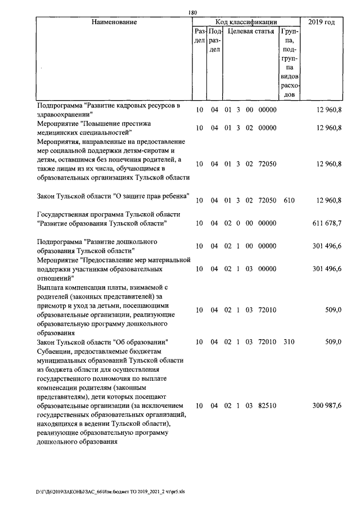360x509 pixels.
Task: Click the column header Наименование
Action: [114, 22]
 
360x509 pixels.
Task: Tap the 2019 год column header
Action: [322, 22]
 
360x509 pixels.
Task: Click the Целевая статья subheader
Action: [250, 31]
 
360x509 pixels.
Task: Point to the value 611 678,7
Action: [327, 223]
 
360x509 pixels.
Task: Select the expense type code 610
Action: [289, 200]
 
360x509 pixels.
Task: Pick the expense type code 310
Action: [289, 341]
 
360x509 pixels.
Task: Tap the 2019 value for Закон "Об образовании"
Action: [332, 341]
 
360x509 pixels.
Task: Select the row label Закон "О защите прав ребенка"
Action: [112, 196]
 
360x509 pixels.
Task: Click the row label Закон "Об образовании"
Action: [102, 341]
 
